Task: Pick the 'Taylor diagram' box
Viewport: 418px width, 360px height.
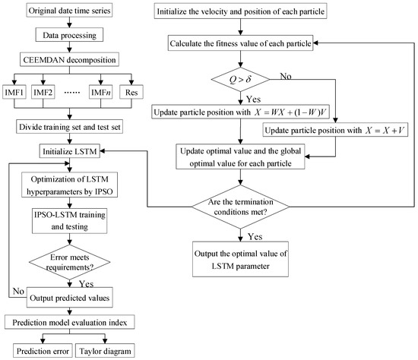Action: (x=107, y=350)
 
